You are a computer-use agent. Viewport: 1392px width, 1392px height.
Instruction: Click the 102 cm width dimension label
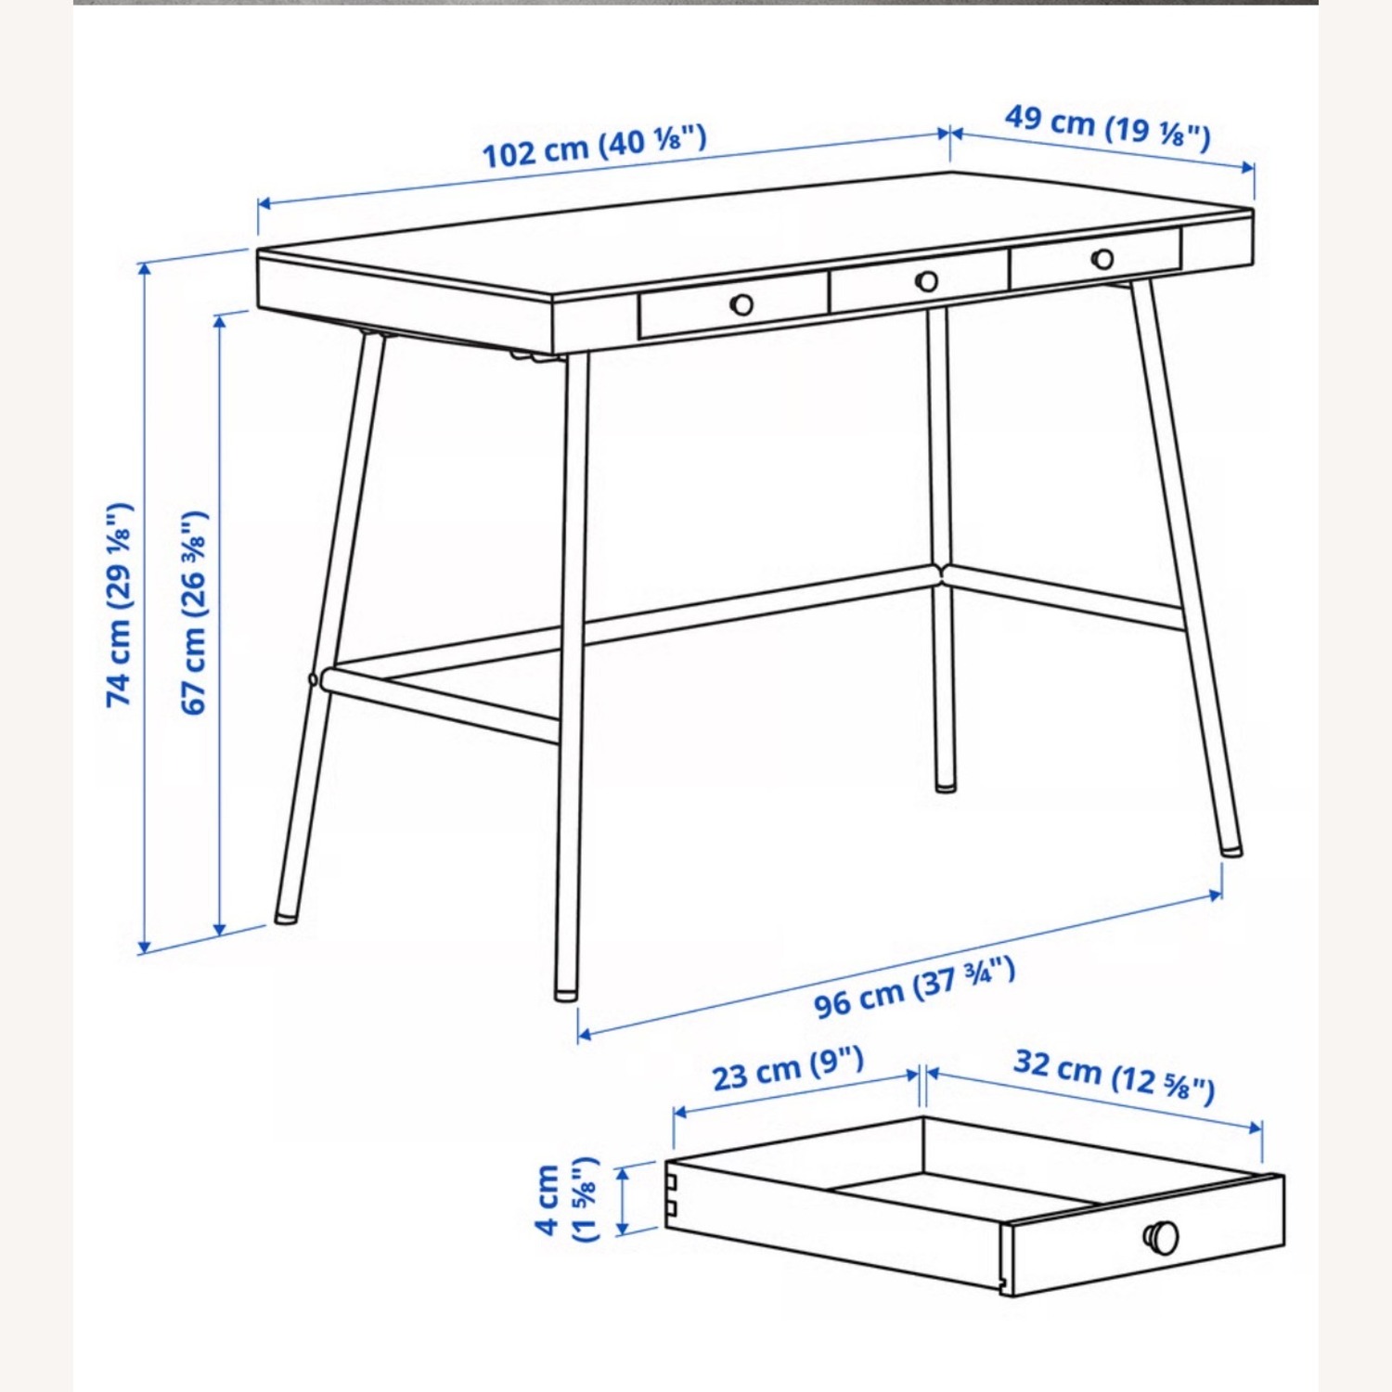(594, 146)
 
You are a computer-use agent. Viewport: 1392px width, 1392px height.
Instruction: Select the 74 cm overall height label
(120, 605)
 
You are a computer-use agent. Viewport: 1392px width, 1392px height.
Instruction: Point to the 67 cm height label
(194, 612)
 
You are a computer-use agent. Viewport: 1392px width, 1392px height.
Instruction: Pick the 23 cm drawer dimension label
(788, 1068)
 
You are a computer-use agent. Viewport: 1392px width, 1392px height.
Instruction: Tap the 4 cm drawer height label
(566, 1199)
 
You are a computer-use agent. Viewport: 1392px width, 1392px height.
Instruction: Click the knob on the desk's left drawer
(741, 303)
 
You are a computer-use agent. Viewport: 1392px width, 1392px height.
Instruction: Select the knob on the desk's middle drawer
(926, 280)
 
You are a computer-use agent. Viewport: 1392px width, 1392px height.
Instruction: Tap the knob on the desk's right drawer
(1102, 259)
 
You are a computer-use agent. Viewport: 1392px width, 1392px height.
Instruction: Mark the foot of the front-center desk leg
(564, 995)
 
